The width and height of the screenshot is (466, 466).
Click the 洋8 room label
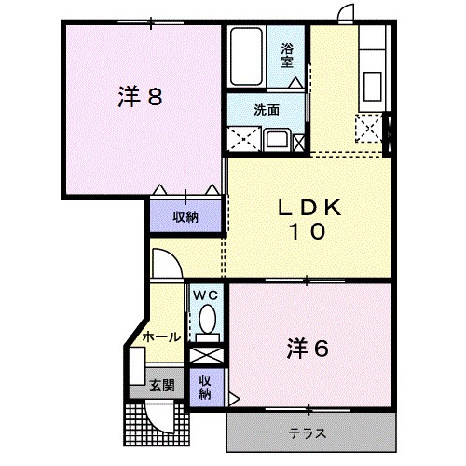pos(141,96)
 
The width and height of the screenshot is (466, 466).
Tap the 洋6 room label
pos(308,349)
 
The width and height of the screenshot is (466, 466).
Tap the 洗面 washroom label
pos(267,110)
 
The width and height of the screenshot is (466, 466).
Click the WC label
pos(206,296)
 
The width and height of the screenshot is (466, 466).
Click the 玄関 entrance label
pos(161,385)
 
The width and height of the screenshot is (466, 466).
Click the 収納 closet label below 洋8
pos(185,217)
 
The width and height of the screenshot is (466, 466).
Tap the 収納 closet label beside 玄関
pos(204,386)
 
